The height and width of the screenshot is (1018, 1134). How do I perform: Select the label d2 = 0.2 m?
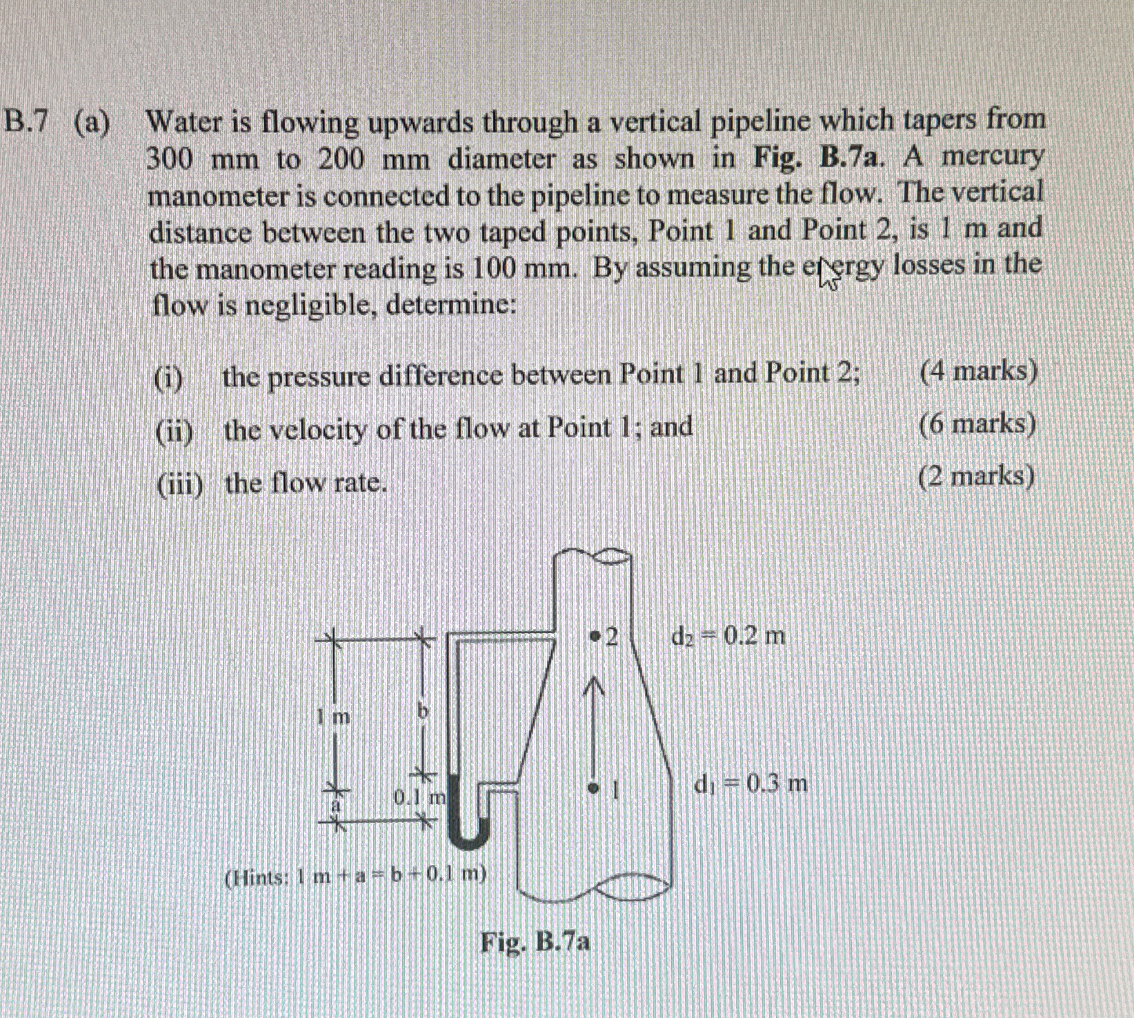click(728, 635)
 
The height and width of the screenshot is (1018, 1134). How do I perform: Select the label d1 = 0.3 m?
click(750, 784)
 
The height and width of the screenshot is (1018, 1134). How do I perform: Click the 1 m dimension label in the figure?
click(334, 717)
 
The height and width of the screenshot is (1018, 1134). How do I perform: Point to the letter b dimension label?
click(424, 710)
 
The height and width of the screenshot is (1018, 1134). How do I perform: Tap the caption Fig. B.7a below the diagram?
click(535, 941)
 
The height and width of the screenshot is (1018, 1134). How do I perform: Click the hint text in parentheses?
click(356, 876)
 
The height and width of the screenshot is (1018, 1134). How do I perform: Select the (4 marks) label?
click(978, 372)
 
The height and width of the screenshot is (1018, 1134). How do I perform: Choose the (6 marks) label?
click(977, 424)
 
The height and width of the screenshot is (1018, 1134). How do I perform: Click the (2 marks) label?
click(976, 477)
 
